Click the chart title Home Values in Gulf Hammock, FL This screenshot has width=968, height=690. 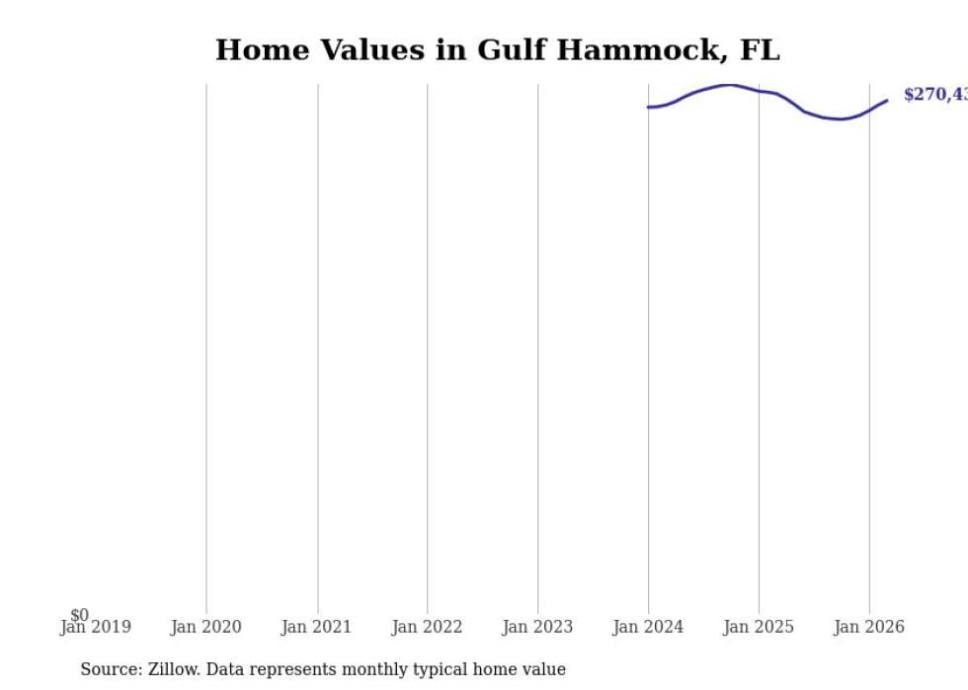coord(497,50)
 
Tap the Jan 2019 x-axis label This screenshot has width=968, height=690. coord(95,627)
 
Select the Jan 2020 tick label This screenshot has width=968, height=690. coord(205,627)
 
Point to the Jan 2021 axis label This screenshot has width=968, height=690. coord(316,627)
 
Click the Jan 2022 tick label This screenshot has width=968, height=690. coord(427,627)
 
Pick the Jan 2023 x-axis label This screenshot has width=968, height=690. coord(537,627)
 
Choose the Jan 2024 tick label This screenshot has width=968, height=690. coord(648,627)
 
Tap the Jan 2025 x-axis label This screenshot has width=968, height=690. coord(759,627)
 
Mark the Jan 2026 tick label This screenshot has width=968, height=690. coord(868,627)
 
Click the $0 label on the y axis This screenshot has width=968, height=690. coord(79,615)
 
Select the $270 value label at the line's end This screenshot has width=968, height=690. coord(934,95)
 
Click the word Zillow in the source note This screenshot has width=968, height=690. coord(176,669)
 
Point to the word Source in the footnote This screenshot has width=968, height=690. coord(110,669)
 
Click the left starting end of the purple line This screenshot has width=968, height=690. coord(648,107)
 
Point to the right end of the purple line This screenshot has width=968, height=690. coord(887,100)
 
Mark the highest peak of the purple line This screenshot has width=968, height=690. coord(728,85)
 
